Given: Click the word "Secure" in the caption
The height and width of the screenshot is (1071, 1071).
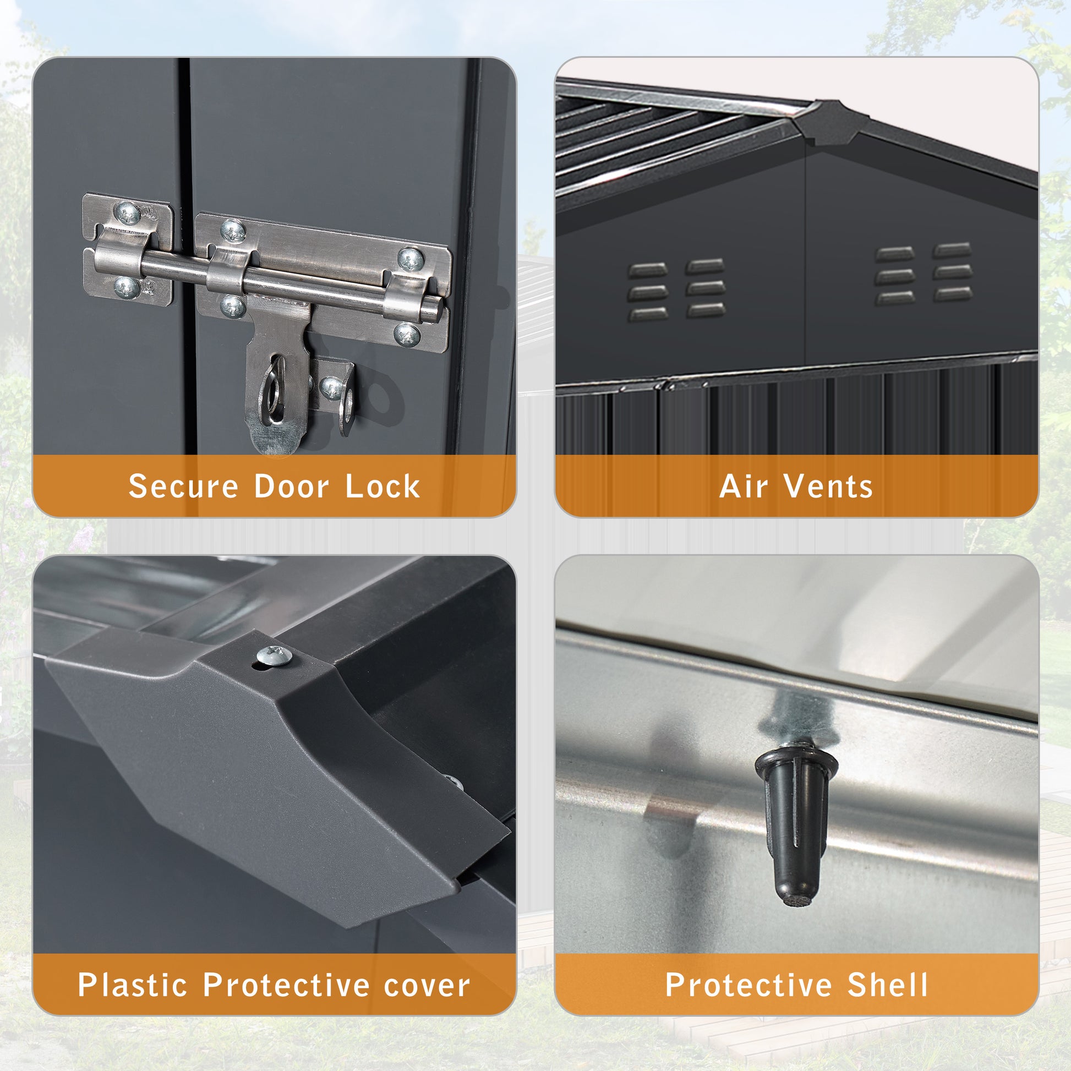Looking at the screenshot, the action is pos(183,486).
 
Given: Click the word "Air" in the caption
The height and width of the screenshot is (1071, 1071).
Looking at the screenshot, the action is pos(744,486).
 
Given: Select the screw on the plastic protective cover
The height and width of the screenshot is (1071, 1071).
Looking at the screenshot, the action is pos(275,656).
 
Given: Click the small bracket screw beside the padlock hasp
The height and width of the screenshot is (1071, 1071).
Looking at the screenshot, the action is pos(331,388).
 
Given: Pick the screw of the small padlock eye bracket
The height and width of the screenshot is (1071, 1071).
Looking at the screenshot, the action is pos(331,388).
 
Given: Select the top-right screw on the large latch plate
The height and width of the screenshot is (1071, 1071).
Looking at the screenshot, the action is pos(411,259).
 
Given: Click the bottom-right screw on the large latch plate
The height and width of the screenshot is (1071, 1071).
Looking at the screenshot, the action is pos(407,335).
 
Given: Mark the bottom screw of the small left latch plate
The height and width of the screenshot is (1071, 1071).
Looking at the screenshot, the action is pos(127,287).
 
